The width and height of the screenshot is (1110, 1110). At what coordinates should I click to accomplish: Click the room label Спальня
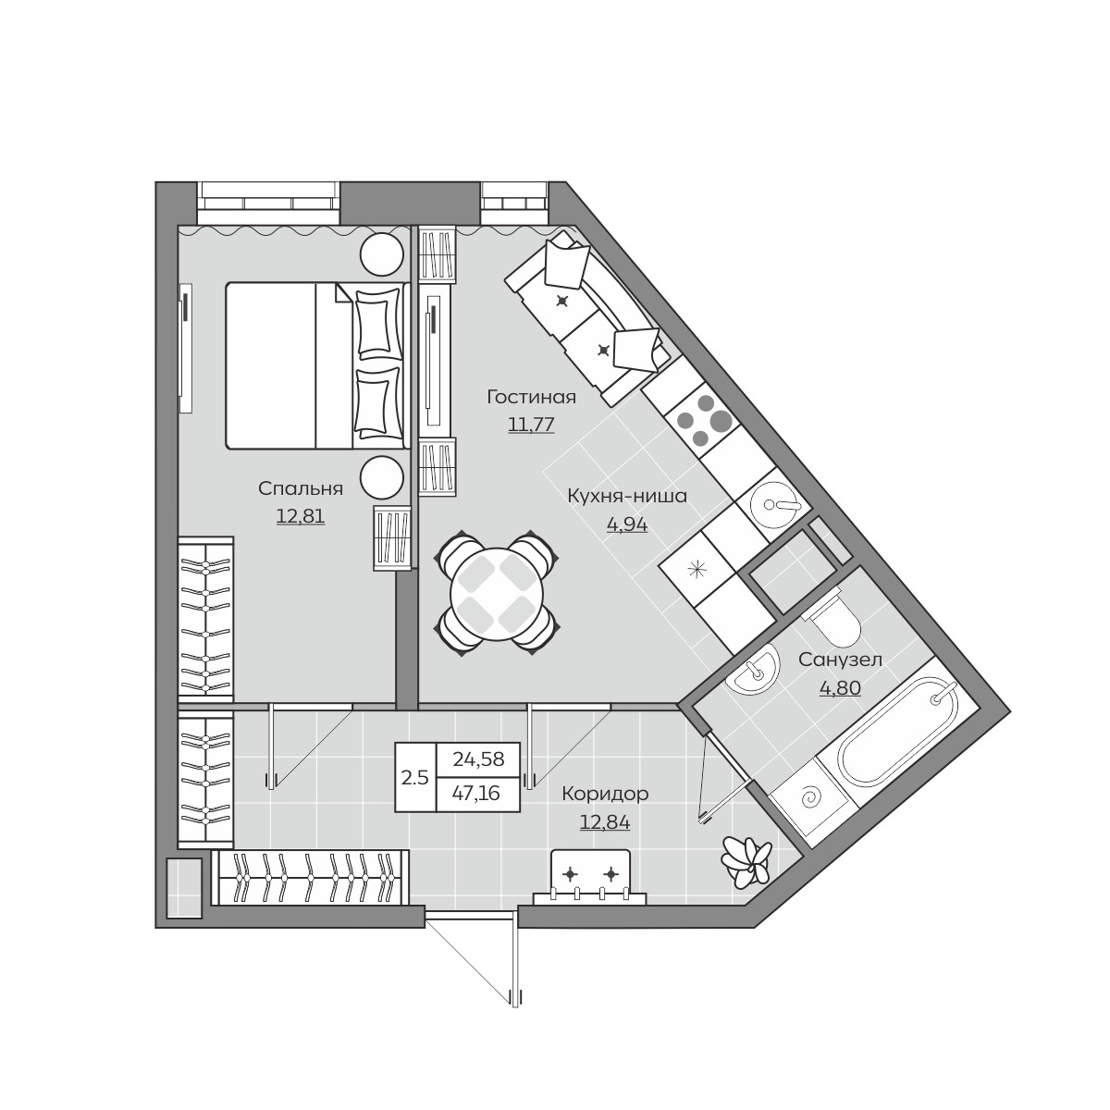click(300, 489)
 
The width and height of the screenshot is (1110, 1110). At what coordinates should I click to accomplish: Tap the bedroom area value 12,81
click(300, 516)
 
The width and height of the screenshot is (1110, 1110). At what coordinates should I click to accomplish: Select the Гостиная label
click(531, 397)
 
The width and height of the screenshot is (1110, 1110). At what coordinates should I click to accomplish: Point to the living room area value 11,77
click(531, 425)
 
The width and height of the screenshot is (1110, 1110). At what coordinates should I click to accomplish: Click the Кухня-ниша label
click(627, 496)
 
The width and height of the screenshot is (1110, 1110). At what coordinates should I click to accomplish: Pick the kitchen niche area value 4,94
click(627, 524)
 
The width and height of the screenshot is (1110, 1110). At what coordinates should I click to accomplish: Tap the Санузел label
click(841, 660)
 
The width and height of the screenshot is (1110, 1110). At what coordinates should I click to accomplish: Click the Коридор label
click(605, 794)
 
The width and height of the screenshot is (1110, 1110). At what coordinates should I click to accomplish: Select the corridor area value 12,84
click(605, 822)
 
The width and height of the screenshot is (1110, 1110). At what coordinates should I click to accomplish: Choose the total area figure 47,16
click(475, 794)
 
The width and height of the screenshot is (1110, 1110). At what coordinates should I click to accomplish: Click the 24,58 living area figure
click(478, 759)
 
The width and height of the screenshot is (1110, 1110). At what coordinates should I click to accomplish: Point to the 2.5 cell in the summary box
click(414, 778)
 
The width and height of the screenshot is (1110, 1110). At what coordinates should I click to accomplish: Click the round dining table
click(497, 594)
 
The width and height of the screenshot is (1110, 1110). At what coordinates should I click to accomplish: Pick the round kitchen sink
click(774, 505)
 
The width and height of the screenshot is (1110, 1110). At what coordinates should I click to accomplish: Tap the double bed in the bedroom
click(317, 365)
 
